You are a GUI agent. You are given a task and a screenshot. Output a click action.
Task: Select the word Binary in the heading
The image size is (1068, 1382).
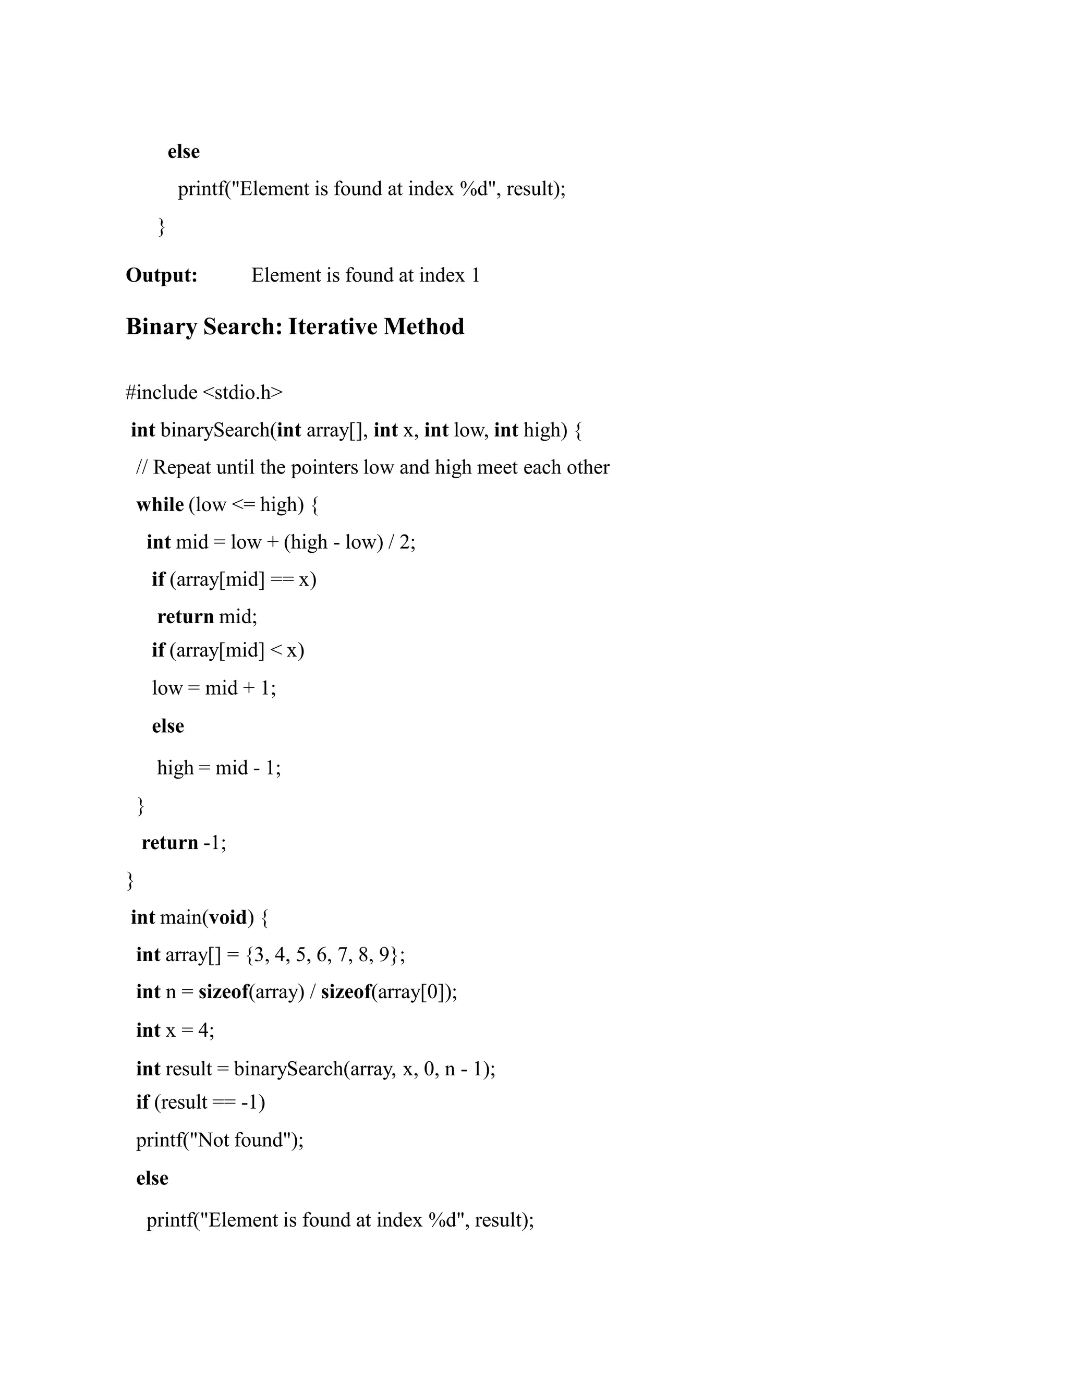coord(161,326)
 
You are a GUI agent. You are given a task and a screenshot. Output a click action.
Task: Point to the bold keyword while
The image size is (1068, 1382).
coord(160,504)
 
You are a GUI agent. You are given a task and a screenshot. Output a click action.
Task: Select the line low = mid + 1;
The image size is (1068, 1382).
coord(214,687)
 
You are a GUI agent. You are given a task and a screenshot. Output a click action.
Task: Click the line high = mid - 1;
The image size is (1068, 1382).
coord(219,768)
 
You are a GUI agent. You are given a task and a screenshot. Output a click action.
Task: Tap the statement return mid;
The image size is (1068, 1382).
coord(207,616)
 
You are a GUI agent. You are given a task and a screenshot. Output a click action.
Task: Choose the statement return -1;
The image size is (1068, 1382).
coord(184,842)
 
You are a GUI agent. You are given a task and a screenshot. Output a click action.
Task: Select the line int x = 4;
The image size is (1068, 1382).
coord(175,1029)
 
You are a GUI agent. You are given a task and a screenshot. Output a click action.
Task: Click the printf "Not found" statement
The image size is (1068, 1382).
coord(220,1139)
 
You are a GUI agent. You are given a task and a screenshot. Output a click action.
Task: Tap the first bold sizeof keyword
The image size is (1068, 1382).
coord(223,991)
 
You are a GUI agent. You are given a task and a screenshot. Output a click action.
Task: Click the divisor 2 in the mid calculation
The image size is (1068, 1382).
coord(404,542)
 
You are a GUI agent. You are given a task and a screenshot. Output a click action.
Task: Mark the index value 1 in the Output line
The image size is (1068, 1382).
coord(476,275)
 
